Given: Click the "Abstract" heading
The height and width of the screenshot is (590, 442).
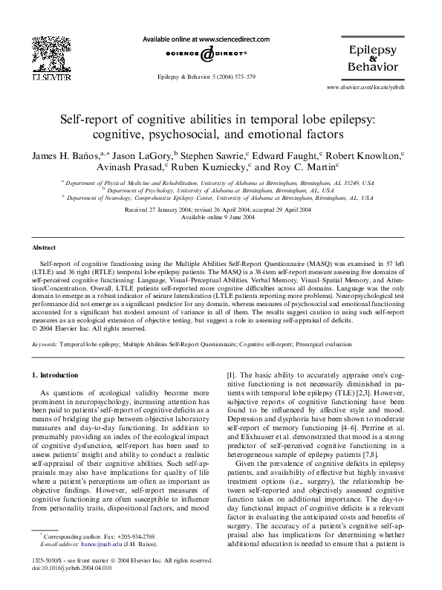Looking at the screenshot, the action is click(x=44, y=247).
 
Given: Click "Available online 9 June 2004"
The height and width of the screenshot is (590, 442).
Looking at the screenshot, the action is click(x=220, y=218).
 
